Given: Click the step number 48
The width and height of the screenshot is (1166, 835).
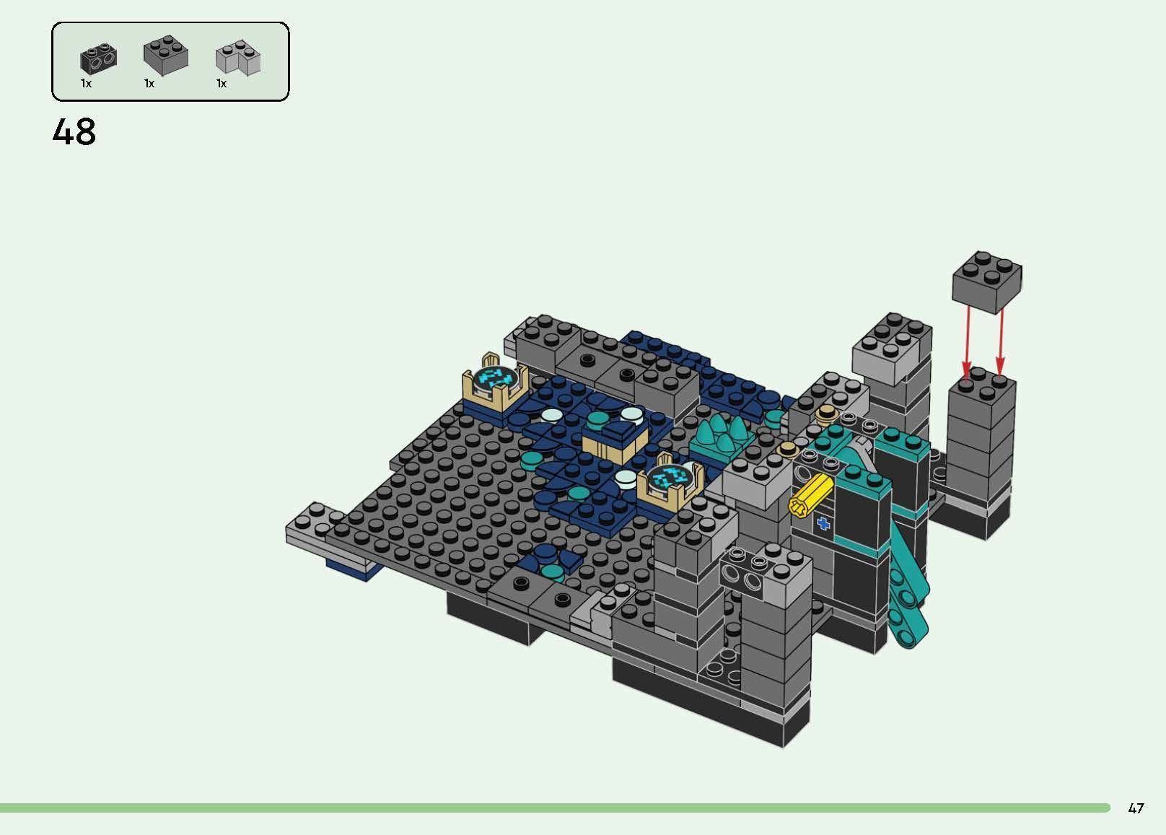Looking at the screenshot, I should (74, 132).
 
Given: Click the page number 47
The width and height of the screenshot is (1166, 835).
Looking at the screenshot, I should (1136, 808).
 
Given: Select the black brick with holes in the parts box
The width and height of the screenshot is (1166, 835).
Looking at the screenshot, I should (99, 58).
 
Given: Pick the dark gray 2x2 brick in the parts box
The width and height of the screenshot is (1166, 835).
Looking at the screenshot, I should (166, 55).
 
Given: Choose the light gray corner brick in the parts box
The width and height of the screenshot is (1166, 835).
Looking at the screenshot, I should (238, 58).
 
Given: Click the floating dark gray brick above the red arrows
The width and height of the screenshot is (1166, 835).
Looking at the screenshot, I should (986, 281).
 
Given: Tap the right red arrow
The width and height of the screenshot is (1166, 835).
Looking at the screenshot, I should (1001, 339).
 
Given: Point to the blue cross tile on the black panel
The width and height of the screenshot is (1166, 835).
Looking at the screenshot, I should (823, 524).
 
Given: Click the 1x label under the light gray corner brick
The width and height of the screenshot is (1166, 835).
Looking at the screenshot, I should (222, 84).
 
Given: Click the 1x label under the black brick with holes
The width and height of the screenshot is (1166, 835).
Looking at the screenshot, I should (86, 84).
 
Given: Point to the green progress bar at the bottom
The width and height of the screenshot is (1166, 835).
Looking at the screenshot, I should (556, 808).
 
